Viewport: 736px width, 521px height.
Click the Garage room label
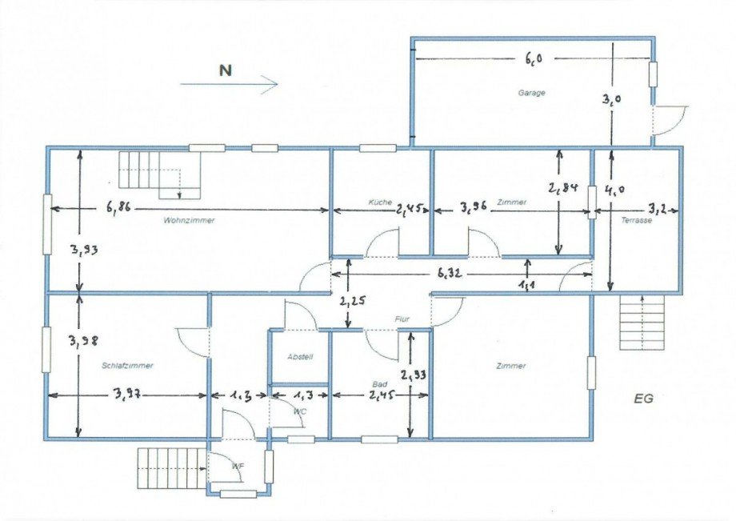531,93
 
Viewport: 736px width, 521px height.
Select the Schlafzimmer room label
127,366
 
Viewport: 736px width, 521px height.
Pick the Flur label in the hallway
402,319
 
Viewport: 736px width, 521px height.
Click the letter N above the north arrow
226,70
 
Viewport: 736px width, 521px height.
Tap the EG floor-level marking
643,398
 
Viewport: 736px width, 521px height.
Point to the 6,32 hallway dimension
450,273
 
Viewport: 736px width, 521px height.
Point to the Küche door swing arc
383,242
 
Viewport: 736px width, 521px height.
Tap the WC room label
300,411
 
